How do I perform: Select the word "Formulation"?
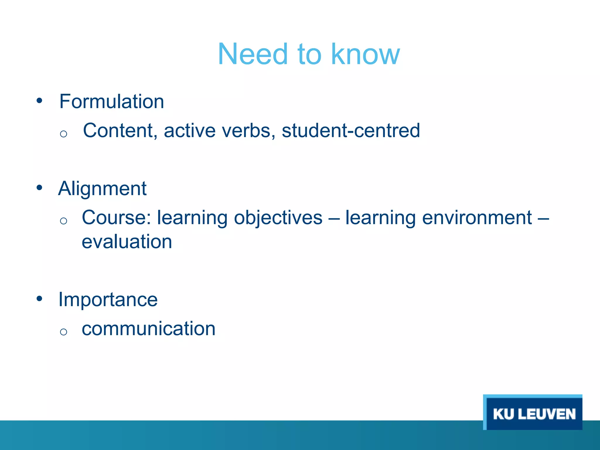[x=112, y=101]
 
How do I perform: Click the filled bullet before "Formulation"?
[x=40, y=101]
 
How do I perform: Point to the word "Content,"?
[x=120, y=130]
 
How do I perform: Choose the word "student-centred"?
[x=351, y=130]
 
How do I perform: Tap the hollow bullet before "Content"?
[x=63, y=134]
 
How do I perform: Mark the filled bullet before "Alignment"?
[x=40, y=187]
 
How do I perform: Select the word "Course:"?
[x=116, y=217]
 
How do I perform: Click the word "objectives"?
[x=278, y=218]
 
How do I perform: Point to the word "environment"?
[x=477, y=218]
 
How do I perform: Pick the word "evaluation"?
[x=127, y=242]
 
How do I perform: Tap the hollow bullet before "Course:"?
[x=63, y=221]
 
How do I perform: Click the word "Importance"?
[x=108, y=299]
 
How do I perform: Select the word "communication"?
[x=149, y=328]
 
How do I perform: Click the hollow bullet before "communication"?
[x=63, y=332]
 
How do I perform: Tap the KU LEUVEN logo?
[x=533, y=413]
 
